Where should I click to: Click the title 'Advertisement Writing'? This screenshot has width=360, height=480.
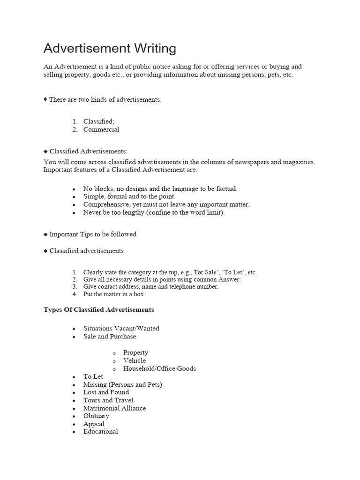point(110,48)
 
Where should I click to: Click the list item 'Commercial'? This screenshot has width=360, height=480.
point(101,129)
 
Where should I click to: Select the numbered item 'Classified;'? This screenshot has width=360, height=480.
point(99,121)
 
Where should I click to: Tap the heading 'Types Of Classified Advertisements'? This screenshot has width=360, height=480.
point(99,310)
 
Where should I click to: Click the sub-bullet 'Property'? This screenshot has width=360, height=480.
point(135,352)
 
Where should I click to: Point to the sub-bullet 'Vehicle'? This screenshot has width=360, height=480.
point(135,360)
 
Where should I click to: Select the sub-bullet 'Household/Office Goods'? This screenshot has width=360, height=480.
point(159,368)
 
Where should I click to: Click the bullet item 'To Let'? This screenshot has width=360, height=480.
point(93,376)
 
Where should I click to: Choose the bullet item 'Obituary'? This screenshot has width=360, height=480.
point(96,416)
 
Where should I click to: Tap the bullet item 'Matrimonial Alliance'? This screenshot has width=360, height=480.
point(114,408)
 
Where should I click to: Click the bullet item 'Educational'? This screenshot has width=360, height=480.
point(101,431)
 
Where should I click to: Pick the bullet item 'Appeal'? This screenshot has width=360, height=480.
point(94,424)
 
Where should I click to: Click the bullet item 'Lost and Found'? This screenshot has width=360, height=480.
point(106,392)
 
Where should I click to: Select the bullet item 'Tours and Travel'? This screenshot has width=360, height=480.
point(108,400)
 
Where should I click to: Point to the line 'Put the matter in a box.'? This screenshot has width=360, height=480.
point(114,294)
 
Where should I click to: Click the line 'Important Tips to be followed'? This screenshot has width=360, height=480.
point(93,234)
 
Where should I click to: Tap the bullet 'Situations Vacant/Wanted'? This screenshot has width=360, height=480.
point(121,328)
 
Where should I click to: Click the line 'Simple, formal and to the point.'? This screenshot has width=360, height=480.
point(129,196)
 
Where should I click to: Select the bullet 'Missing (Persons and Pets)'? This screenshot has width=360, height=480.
point(123,384)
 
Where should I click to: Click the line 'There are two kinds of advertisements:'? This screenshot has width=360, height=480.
point(105,100)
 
